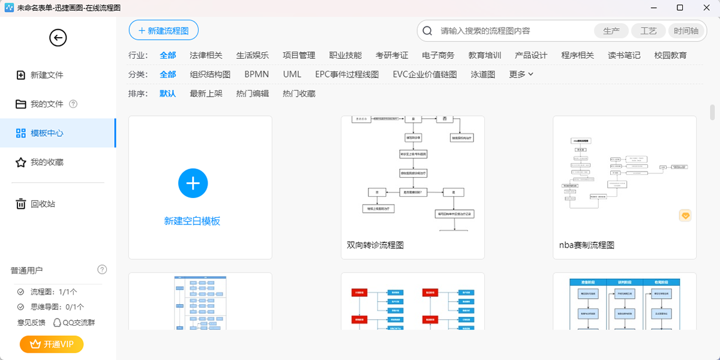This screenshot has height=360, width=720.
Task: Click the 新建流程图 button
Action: tap(163, 31)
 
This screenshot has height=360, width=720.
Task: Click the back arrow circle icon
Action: tap(58, 38)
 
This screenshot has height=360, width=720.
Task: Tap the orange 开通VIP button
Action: tap(52, 344)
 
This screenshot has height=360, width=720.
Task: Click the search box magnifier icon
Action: tap(428, 31)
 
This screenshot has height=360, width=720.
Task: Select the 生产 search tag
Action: tap(611, 31)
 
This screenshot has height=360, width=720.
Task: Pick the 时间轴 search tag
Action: tap(686, 31)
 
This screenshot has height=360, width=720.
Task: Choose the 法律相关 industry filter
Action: tap(206, 55)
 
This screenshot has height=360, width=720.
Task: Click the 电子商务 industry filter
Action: tap(438, 55)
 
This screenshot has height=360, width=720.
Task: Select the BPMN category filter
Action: tap(256, 74)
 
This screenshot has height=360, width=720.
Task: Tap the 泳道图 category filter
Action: tap(483, 74)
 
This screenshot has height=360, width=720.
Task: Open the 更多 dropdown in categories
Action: tap(521, 74)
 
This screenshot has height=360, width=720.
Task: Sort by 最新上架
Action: tap(206, 94)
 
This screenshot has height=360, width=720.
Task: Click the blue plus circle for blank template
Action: tap(193, 184)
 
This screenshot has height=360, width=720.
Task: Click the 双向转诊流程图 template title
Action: tap(375, 245)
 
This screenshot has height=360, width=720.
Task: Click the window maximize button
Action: tap(680, 8)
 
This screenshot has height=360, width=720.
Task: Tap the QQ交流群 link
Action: tap(74, 322)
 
